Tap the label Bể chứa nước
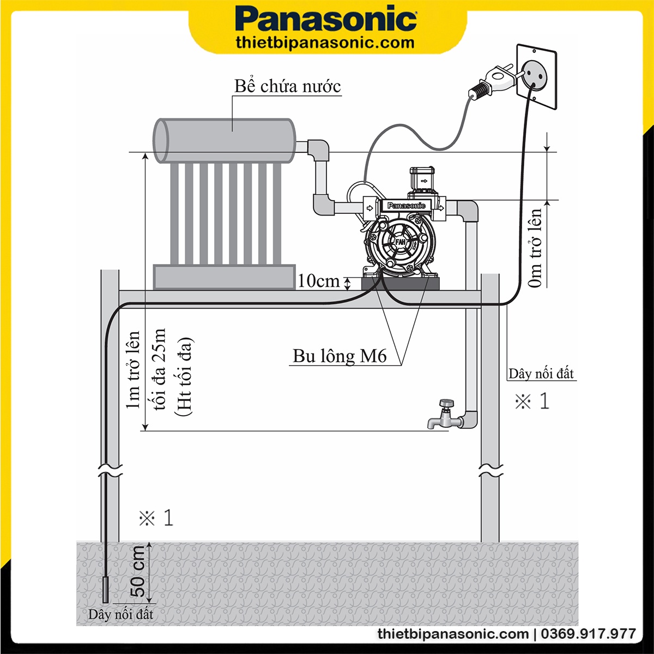tap(288, 86)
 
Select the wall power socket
tap(535, 76)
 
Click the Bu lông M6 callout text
tap(340, 356)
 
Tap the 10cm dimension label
tap(318, 281)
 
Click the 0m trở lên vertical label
tap(536, 248)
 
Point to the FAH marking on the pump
tap(401, 241)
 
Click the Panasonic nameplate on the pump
tap(407, 206)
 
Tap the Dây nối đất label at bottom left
tap(120, 615)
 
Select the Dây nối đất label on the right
tap(541, 374)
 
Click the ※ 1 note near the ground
tap(156, 518)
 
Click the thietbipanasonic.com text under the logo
tap(325, 43)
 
